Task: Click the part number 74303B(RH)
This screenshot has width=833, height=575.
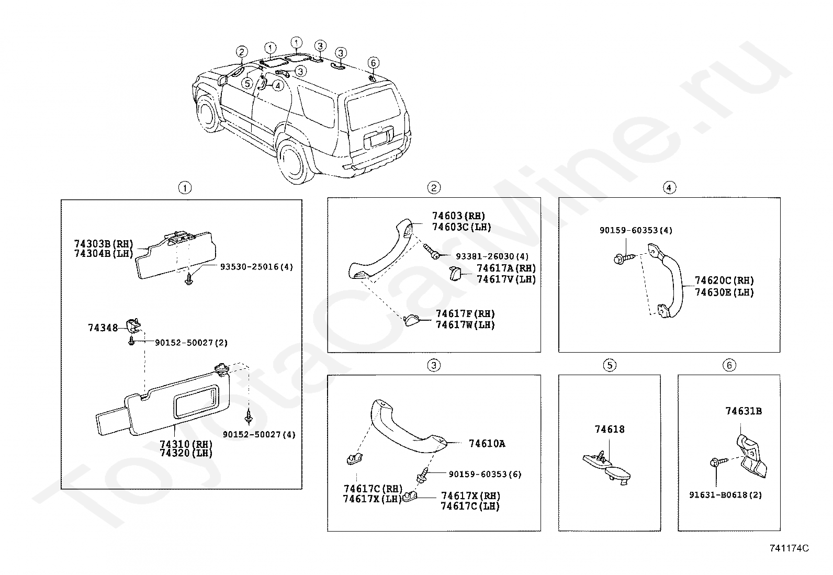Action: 104,244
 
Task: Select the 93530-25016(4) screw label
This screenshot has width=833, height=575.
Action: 256,267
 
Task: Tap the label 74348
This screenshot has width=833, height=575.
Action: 103,328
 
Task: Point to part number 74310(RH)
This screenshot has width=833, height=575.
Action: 186,444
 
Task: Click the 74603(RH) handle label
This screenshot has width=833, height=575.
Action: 458,216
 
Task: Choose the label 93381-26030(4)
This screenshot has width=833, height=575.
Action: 492,256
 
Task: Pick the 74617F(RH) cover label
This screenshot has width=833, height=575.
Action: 465,314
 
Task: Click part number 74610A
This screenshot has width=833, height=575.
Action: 487,444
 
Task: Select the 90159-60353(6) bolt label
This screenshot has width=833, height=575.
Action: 485,475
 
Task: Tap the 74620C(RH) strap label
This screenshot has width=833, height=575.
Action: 724,280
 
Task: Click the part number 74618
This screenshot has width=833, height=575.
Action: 610,430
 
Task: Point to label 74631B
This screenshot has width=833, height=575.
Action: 743,411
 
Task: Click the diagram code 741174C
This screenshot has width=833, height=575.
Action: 789,548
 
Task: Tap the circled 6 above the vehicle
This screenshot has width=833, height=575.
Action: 373,63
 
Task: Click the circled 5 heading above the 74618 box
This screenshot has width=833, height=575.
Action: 610,365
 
